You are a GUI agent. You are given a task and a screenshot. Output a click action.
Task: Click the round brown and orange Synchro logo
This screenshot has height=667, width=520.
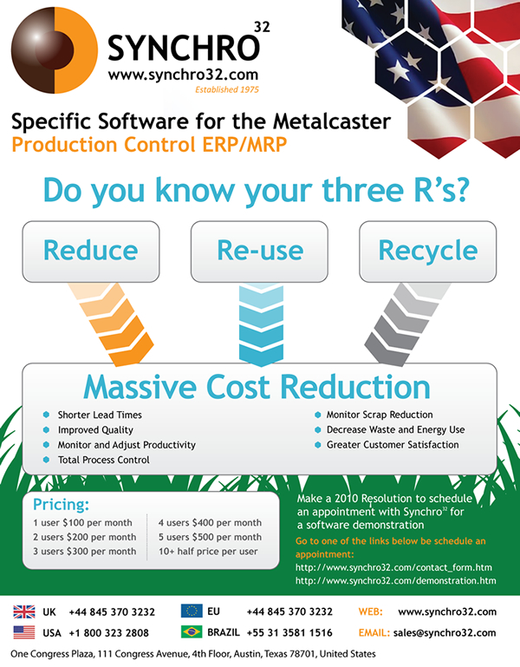pos(55,49)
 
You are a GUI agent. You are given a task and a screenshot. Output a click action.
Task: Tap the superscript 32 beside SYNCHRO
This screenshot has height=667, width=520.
pos(262,27)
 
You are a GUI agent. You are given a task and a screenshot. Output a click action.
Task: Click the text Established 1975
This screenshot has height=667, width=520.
pos(227,89)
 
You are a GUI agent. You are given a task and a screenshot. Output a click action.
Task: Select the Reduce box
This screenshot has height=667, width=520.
pos(91,252)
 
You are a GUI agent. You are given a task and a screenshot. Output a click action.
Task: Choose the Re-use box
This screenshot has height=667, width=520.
pos(259,252)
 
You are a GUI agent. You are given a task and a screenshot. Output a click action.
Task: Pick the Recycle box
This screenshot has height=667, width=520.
pos(428,252)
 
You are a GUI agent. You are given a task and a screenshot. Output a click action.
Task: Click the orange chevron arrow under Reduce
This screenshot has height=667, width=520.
pos(113,324)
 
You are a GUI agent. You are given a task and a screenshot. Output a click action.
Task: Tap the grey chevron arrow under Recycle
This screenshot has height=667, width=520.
pos(406,324)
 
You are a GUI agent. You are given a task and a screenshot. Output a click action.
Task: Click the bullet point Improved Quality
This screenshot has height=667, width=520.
pos(95,430)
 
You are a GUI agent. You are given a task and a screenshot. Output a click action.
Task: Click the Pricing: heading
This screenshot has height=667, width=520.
pos(62,505)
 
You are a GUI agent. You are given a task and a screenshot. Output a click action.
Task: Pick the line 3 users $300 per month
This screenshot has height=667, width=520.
pos(85,552)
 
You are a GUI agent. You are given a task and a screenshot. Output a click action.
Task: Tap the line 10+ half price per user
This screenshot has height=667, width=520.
pos(208,552)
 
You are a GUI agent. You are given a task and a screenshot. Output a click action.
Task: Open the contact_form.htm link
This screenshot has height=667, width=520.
pos(393,567)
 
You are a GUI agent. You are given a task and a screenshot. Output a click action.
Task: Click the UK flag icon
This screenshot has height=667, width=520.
pos(24,611)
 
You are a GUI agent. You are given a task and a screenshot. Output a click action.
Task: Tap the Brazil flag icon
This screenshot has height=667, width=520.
pos(192,631)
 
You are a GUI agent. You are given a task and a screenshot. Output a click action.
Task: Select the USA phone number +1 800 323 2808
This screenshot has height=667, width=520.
pos(109,633)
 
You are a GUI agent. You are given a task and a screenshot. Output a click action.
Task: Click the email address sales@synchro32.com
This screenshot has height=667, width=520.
pos(445,632)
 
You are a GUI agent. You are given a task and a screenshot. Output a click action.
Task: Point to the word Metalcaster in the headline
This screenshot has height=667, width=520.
pos(332,121)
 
